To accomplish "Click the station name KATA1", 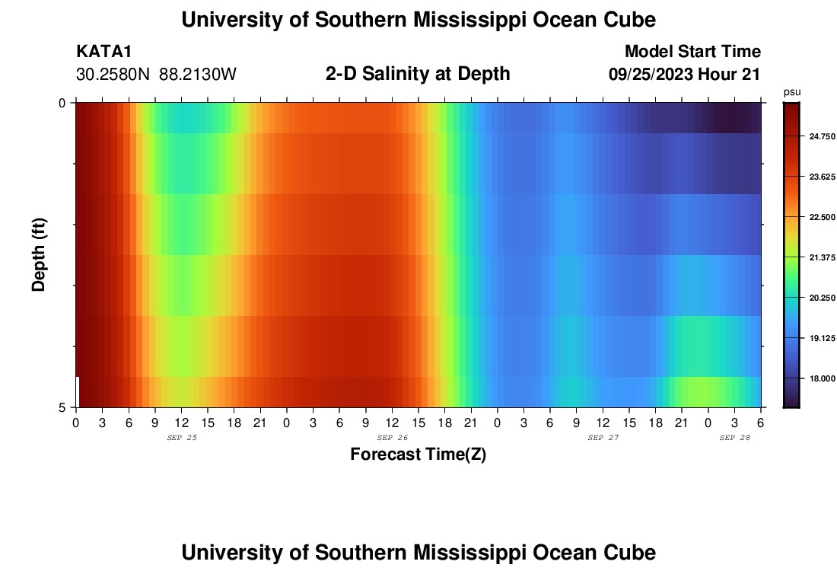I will tap(104, 52).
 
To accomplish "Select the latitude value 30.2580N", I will tap(114, 75).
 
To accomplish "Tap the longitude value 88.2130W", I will tap(198, 75).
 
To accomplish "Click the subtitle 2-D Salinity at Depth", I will tap(418, 74).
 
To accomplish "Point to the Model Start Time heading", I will tap(692, 52).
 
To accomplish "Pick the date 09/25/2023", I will tap(651, 75).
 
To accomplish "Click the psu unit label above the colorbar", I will tap(792, 92).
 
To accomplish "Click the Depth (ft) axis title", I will tap(40, 254).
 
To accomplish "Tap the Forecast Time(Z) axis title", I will tap(418, 455).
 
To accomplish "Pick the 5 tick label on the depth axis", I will tap(62, 408).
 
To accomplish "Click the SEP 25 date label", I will tap(181, 438).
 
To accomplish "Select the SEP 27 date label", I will tap(603, 438).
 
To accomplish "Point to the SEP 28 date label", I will tap(735, 438).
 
